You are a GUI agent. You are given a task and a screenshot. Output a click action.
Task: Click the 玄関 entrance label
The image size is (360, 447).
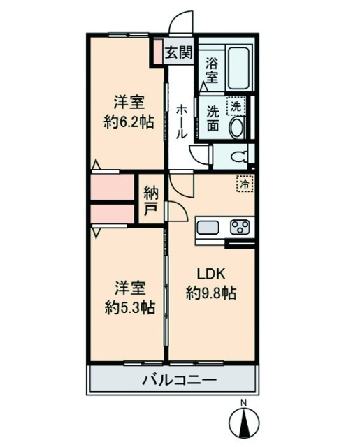[179, 52]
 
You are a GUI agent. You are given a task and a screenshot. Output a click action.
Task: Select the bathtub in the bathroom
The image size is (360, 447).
[241, 68]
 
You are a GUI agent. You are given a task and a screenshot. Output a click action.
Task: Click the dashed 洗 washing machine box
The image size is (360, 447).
[236, 106]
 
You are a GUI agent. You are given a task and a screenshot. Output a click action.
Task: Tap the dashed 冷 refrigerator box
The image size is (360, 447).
[245, 184]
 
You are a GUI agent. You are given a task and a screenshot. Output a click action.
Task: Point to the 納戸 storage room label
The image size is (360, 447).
[151, 200]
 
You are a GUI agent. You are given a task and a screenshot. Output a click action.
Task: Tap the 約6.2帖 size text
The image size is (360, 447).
[129, 122]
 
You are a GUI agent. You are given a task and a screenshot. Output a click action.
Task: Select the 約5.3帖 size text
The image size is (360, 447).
[130, 307]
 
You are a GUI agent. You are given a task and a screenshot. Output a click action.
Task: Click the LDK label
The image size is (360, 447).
[211, 274]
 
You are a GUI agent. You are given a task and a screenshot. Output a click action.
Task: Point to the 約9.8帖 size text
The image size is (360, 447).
[211, 293]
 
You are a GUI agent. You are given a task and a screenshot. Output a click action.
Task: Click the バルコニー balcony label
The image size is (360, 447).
[180, 380]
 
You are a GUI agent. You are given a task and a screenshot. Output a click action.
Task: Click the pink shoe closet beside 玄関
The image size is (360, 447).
[157, 51]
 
